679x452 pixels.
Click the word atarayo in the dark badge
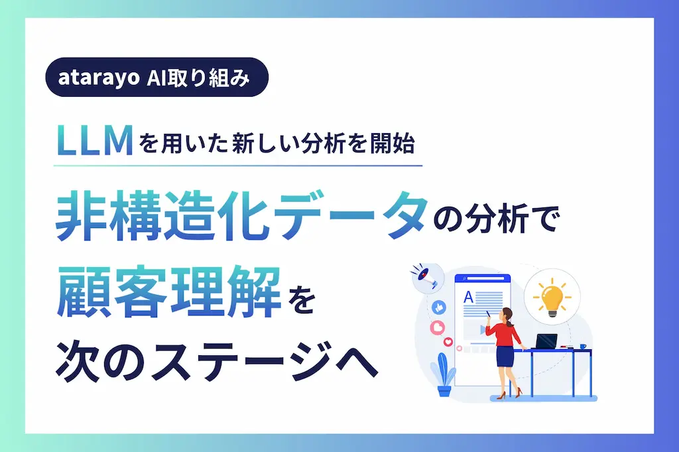(99, 78)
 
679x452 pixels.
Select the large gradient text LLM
(95, 140)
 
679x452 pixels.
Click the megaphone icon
(426, 277)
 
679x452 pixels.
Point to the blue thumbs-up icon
(439, 308)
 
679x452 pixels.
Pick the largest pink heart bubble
(438, 327)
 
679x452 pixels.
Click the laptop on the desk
(546, 341)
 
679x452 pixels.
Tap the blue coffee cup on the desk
(582, 347)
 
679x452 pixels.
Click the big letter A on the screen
(468, 297)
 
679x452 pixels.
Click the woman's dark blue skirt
(505, 357)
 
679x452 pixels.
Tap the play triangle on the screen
(483, 330)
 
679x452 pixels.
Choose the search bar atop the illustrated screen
(483, 279)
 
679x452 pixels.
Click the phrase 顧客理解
(168, 293)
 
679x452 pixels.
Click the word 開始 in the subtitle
(393, 144)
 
